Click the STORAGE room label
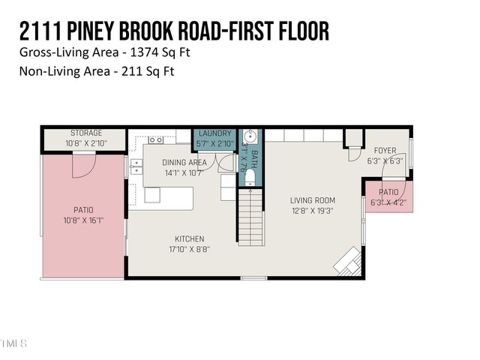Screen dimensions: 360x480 85,133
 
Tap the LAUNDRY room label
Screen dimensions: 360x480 215,133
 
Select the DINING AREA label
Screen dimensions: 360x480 184,162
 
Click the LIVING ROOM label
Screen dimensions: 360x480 312,200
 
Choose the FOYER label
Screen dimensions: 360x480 385,151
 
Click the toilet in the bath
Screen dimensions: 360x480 251,177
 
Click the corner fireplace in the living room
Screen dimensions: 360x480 348,262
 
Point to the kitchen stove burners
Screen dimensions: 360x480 156,139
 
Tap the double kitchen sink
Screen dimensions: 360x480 136,166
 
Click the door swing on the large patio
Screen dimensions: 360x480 83,166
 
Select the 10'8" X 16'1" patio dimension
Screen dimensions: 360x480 82,220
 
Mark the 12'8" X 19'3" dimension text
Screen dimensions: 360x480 312,211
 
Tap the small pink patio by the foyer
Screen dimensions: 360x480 388,196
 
